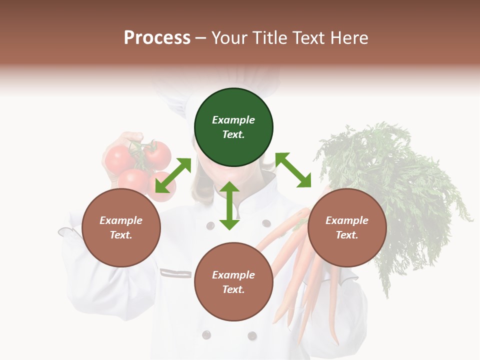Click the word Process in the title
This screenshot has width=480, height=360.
(157, 38)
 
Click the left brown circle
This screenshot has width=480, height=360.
(121, 227)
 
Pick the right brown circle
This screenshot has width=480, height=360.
(347, 227)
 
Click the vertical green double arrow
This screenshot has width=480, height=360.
(229, 205)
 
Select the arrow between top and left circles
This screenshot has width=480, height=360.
(173, 175)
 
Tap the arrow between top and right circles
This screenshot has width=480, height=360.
(293, 170)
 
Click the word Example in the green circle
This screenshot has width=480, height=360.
(233, 120)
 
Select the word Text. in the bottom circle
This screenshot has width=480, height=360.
(233, 289)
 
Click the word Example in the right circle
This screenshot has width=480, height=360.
(347, 220)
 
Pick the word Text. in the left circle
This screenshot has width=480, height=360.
(121, 235)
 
